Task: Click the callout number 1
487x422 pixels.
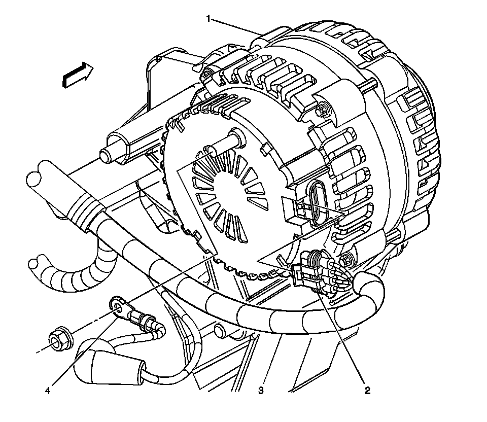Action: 208,19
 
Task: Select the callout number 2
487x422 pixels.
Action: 367,391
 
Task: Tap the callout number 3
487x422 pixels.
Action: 261,391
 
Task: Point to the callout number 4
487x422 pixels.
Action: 48,391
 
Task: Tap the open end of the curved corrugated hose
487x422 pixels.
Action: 37,264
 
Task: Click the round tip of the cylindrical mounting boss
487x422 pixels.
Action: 108,153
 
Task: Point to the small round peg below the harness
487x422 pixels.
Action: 220,331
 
